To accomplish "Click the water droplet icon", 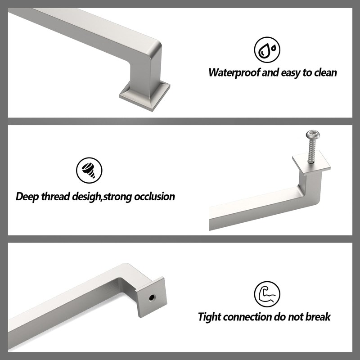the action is (267, 50).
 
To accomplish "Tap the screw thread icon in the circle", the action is (89, 171).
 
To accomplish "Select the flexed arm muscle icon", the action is (267, 294).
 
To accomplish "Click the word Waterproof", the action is (234, 72).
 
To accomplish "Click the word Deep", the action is (27, 197).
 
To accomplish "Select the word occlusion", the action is (154, 197).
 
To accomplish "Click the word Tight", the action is (209, 317).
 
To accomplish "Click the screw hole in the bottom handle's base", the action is (152, 298).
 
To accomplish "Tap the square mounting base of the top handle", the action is (145, 95).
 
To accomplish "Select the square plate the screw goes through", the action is (311, 163).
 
